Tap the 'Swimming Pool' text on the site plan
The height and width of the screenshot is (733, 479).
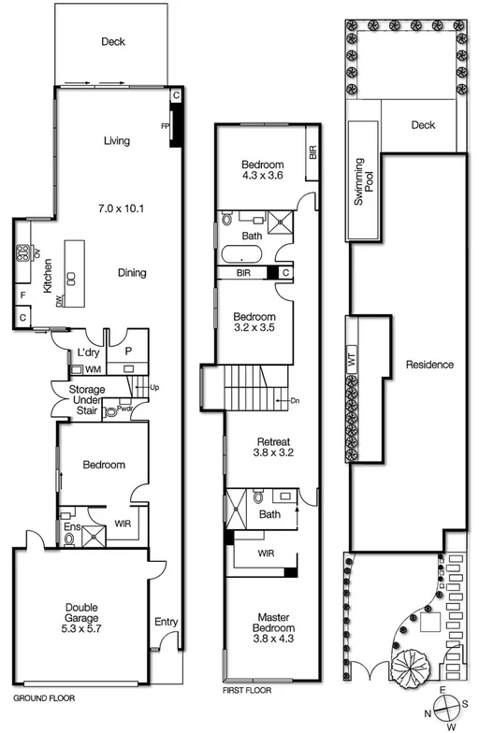361,181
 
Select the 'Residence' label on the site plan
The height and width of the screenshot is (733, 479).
429,365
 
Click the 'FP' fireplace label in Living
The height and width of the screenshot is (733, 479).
166,124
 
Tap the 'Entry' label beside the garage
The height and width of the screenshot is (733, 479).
165,621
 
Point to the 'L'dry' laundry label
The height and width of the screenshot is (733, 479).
88,352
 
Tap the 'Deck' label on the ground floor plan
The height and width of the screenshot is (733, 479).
113,42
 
